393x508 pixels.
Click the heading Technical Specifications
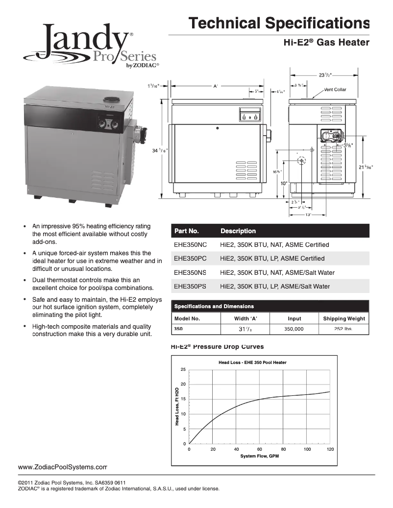(279, 23)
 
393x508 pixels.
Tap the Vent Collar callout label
(335, 90)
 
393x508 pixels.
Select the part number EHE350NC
(191, 244)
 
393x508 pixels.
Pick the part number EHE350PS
(191, 286)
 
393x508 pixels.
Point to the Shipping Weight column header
(344, 318)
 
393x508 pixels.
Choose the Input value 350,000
(295, 330)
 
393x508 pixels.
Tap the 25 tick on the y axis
(183, 369)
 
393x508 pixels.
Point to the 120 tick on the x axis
(330, 449)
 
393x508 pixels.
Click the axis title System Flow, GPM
(260, 456)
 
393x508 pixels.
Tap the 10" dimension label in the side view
(283, 183)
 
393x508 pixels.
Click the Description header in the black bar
(238, 231)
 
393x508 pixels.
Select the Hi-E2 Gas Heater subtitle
(326, 43)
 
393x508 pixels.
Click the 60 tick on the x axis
(260, 449)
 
